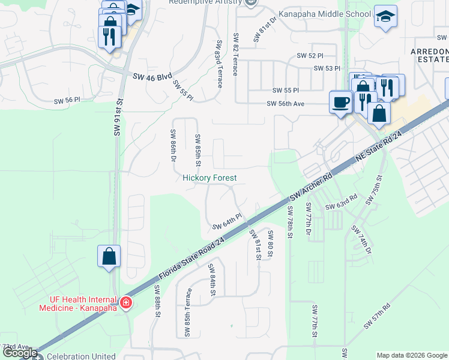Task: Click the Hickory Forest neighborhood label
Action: tap(209, 178)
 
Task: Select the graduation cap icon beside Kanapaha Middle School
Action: tap(385, 17)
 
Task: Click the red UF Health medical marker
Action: tap(126, 303)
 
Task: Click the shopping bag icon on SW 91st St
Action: tap(109, 256)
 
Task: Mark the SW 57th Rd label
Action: tap(378, 316)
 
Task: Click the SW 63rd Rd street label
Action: tap(342, 201)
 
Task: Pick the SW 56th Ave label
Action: tap(286, 104)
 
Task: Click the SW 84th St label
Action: tap(211, 280)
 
